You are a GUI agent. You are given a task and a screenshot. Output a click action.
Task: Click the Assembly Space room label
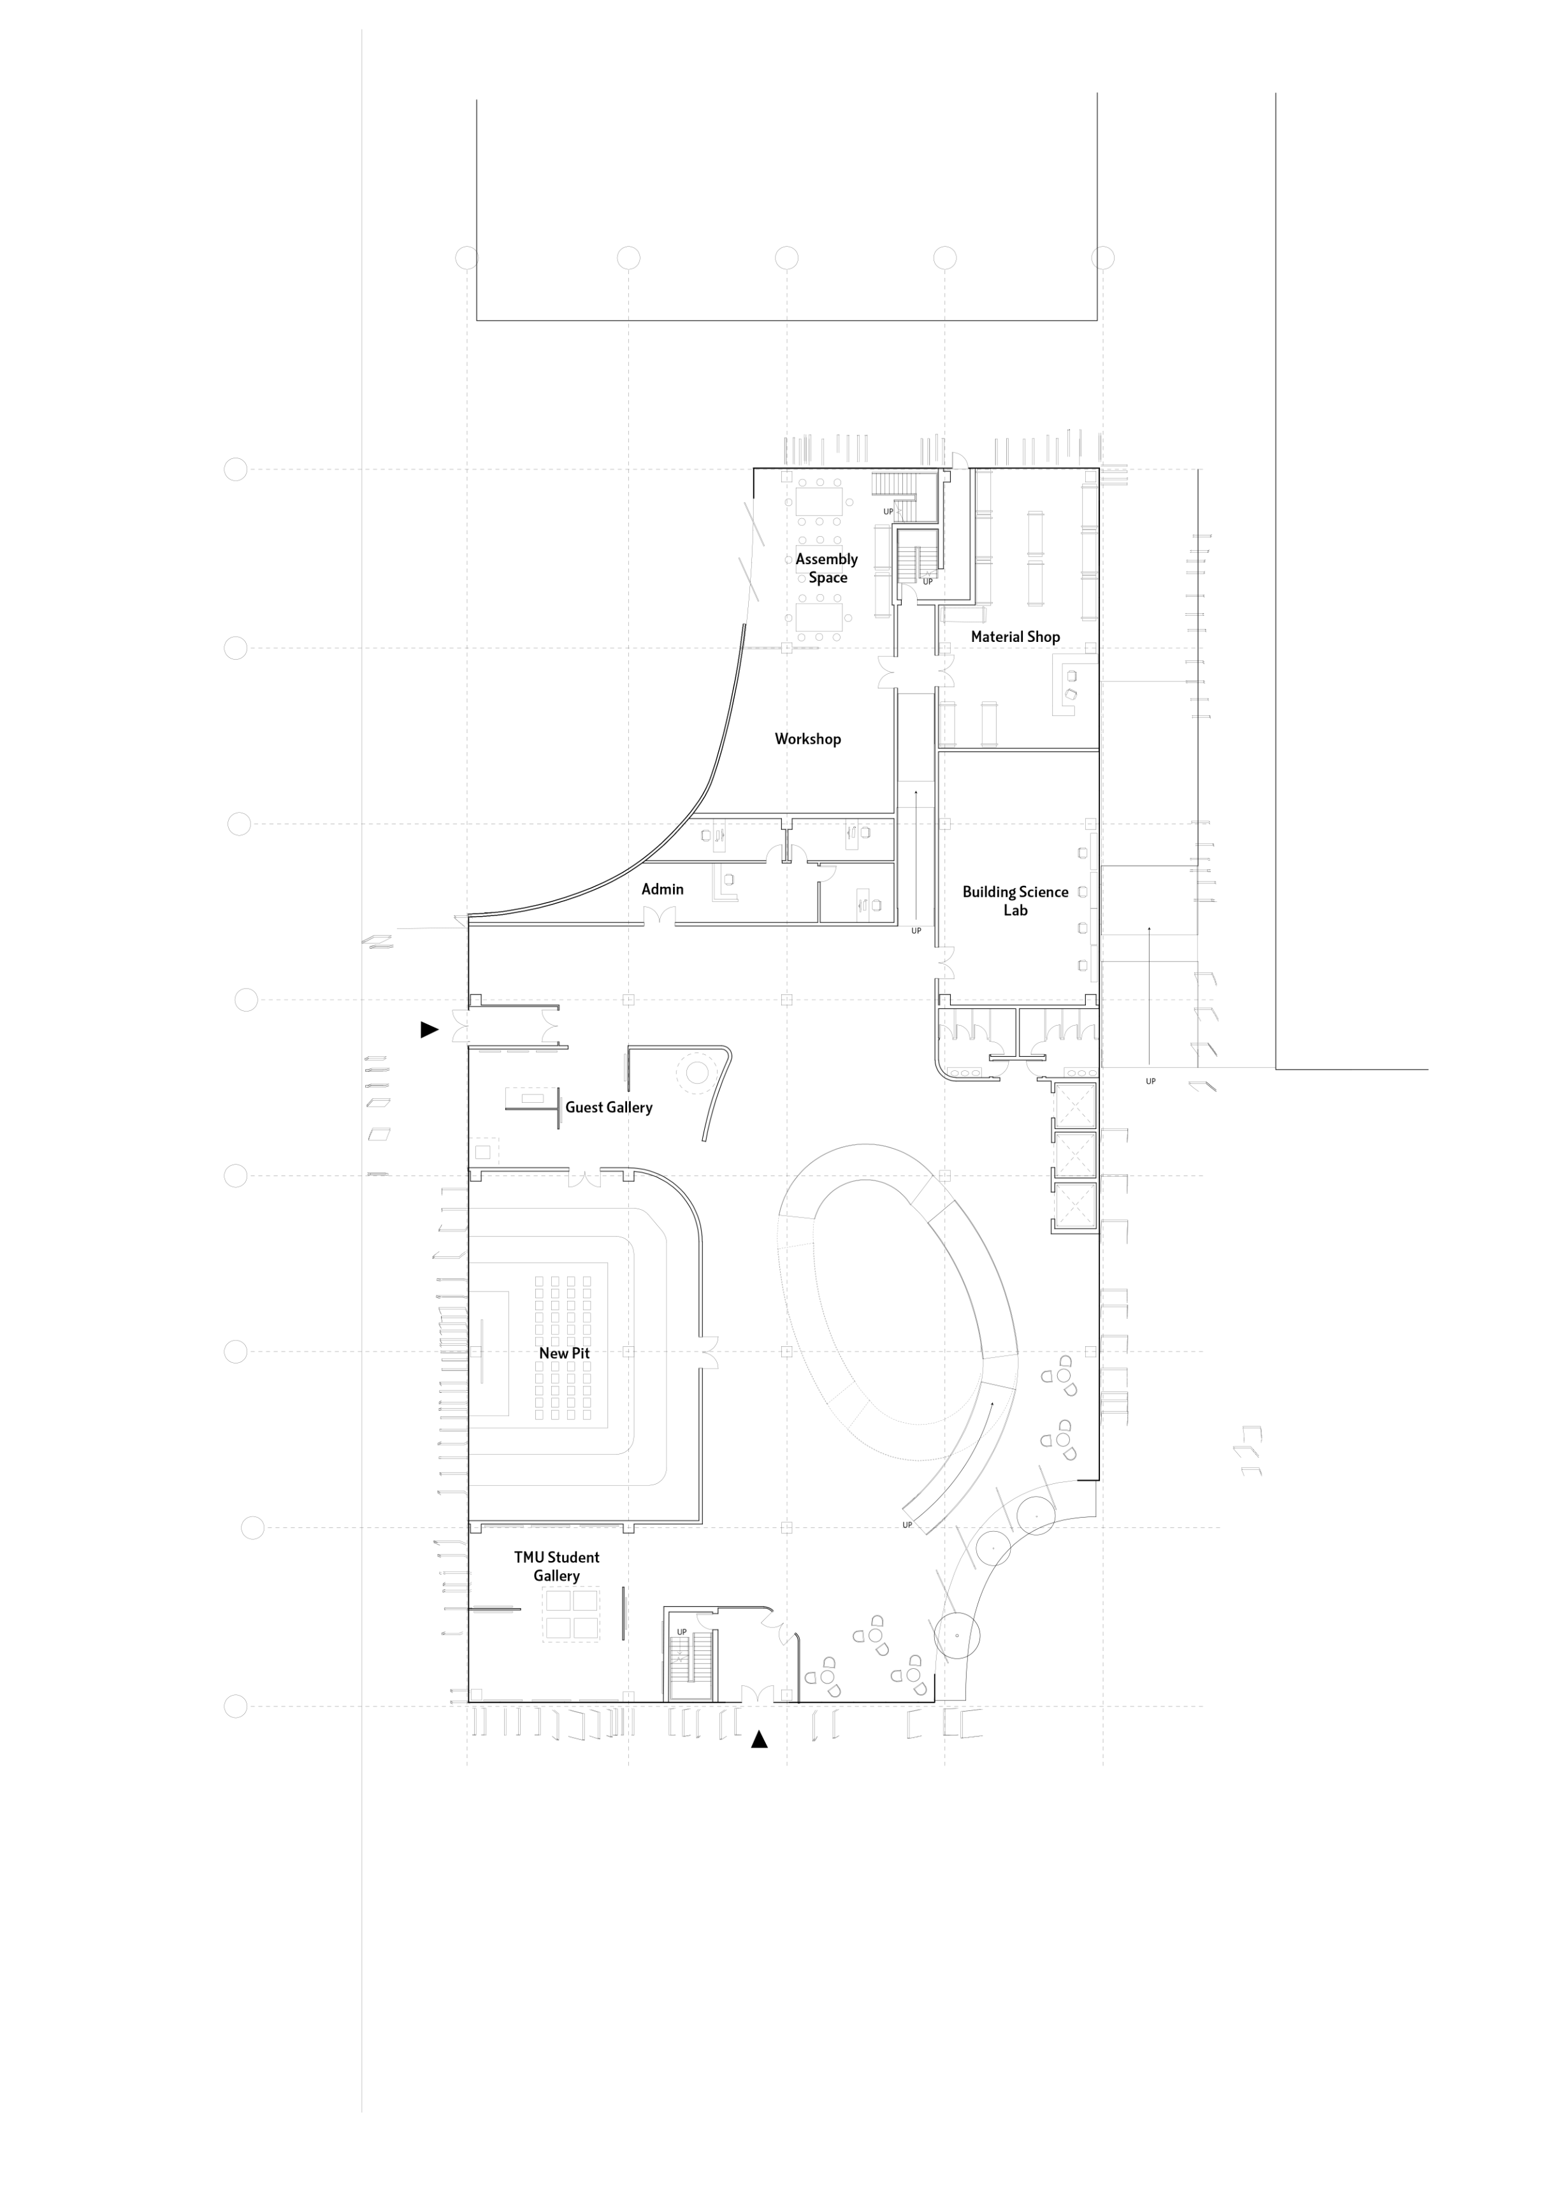click(826, 568)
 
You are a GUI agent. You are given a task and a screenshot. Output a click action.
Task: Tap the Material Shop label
click(1015, 637)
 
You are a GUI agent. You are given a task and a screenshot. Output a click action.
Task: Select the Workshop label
click(808, 739)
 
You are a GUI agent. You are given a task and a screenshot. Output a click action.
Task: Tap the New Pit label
click(564, 1353)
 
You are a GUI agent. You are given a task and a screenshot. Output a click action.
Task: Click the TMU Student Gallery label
click(556, 1566)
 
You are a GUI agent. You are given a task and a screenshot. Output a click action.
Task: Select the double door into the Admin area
click(659, 917)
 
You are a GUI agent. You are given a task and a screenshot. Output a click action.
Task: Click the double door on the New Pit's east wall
click(709, 1352)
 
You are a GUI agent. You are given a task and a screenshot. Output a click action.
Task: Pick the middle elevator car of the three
click(1075, 1155)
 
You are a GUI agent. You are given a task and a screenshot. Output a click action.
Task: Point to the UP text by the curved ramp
click(907, 1525)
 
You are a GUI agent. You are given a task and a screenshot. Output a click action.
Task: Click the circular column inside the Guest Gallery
click(695, 1072)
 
